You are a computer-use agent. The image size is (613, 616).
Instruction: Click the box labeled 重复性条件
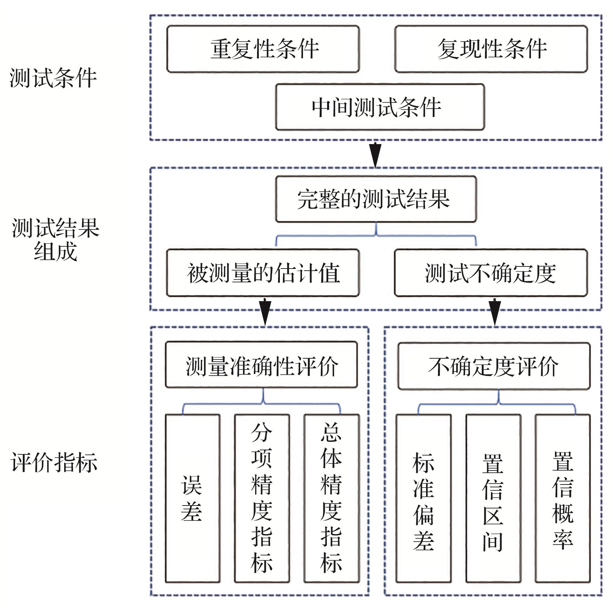click(263, 49)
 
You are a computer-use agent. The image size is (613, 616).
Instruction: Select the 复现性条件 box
click(491, 49)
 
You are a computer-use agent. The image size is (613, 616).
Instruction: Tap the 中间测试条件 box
click(380, 107)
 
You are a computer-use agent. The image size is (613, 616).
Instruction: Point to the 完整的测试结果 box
click(376, 199)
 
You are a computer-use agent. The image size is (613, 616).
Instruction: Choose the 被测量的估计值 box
click(263, 273)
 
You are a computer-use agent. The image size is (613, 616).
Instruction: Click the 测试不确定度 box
click(491, 273)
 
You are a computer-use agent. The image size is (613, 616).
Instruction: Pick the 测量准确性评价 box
click(261, 365)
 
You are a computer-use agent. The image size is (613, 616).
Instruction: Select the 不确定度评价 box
click(494, 366)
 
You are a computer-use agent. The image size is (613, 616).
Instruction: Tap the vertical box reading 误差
click(193, 498)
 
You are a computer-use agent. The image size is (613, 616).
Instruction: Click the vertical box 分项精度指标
click(262, 498)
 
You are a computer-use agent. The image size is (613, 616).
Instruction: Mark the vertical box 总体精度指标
click(331, 498)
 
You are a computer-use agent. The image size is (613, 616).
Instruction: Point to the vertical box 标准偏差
click(424, 498)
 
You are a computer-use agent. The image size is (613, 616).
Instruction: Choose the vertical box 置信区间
click(493, 498)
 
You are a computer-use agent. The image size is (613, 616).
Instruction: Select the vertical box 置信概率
click(563, 498)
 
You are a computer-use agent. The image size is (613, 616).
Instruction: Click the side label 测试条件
click(53, 78)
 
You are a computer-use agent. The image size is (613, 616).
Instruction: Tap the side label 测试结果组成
click(55, 239)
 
